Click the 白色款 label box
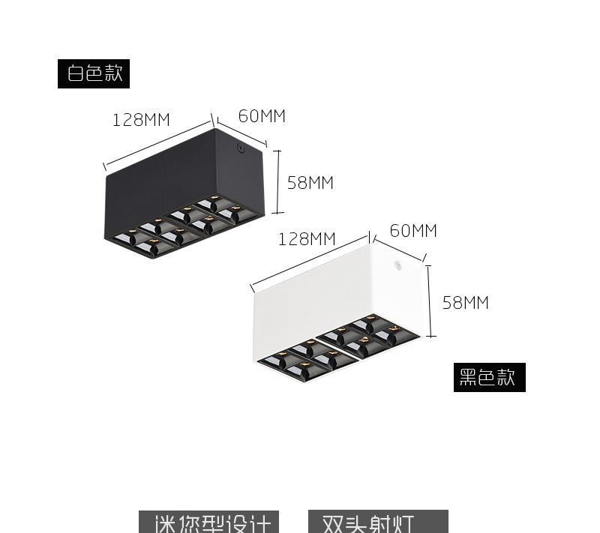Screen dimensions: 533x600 pos(94,73)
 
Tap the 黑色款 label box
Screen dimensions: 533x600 pos(488,377)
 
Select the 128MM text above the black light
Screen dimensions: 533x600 pos(141,120)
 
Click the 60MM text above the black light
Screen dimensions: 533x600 pos(262,116)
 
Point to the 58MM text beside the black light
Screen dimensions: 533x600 pos(310,183)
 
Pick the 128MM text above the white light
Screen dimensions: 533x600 pos(307,239)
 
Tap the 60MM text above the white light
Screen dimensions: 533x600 pos(413,231)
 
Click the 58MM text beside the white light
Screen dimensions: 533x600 pos(465,303)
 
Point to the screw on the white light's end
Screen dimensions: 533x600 pos(397,265)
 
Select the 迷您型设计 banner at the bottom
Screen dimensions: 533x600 pos(208,522)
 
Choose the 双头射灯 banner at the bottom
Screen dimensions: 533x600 pos(378,522)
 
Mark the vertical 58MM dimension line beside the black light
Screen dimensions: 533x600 pos(279,181)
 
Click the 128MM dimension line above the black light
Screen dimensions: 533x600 pos(157,145)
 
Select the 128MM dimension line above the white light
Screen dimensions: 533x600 pos(310,262)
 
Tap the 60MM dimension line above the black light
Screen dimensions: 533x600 pos(241,132)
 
